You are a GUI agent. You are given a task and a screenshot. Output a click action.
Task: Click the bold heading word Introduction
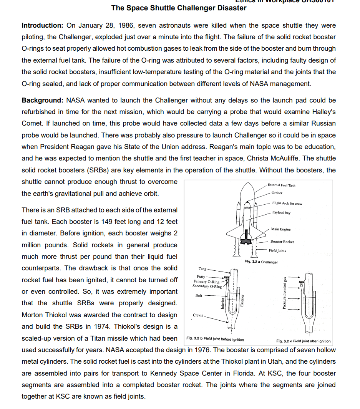(42, 26)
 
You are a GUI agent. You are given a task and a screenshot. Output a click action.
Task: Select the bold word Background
(42, 100)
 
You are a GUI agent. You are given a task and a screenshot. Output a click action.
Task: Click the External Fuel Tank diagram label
(281, 185)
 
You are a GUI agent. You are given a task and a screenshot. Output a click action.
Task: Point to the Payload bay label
(281, 213)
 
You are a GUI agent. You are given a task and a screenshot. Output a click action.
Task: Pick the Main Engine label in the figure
(280, 229)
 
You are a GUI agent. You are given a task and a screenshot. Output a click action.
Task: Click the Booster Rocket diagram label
(282, 242)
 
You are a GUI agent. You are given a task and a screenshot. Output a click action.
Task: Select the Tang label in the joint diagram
(202, 269)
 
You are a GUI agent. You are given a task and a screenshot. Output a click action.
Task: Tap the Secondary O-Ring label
(207, 286)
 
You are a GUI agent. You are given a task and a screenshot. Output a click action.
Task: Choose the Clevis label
(198, 315)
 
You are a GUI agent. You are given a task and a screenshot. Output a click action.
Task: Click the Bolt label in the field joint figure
(199, 295)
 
